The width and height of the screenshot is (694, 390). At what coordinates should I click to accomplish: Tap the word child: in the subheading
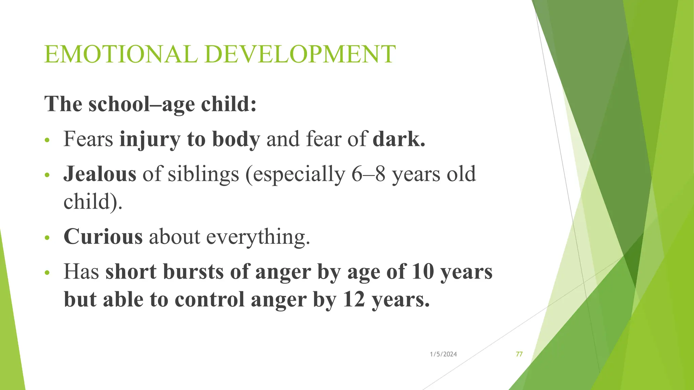(x=229, y=104)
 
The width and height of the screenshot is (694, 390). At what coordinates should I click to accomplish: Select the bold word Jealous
(x=100, y=174)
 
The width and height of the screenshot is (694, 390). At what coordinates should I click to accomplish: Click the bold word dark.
(x=399, y=139)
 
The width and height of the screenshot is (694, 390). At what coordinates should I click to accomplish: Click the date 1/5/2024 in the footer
(x=443, y=354)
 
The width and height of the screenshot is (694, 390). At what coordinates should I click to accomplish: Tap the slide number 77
(x=519, y=354)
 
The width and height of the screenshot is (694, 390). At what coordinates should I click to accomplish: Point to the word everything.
(x=258, y=237)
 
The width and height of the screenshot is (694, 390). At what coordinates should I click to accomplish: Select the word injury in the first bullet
(x=149, y=140)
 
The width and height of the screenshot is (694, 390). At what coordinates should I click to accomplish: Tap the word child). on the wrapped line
(x=93, y=202)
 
